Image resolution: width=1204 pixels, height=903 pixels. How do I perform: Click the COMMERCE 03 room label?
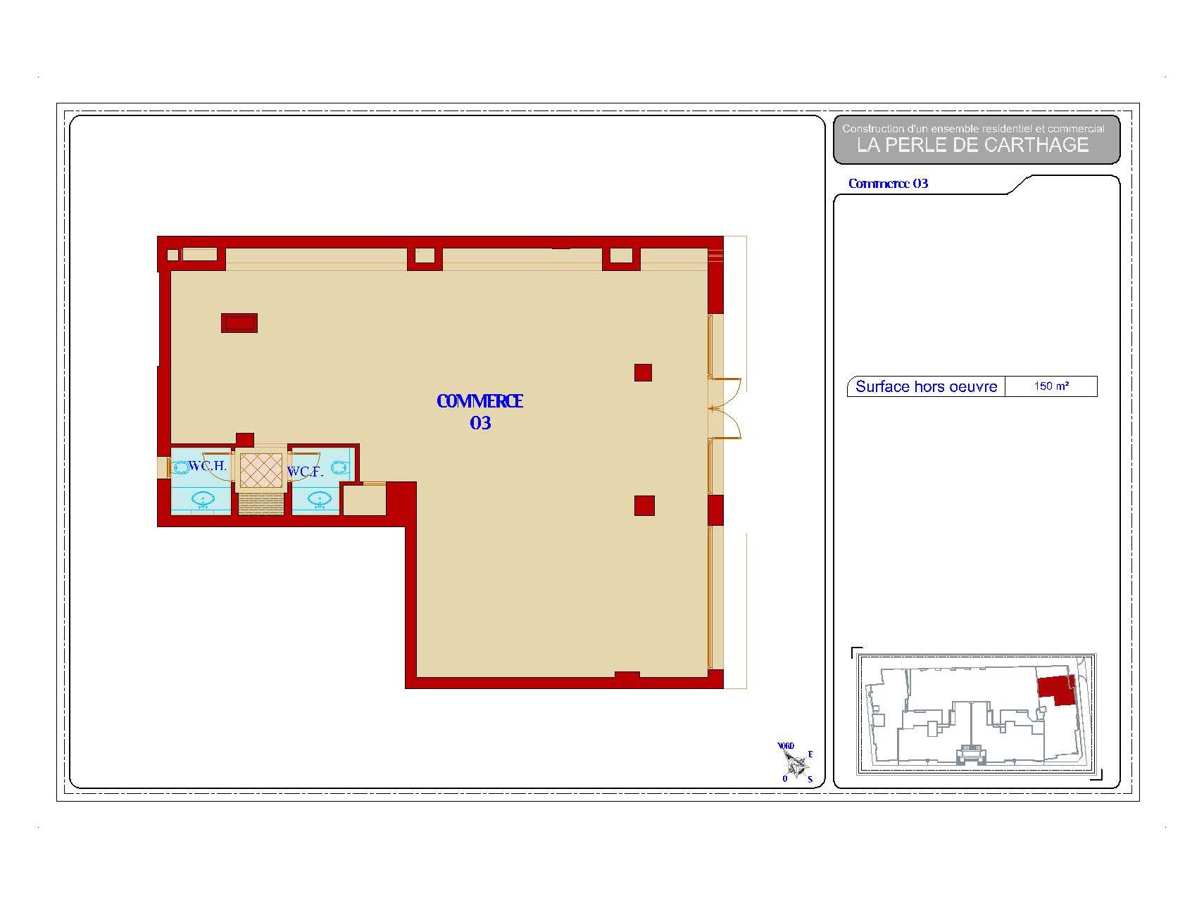coord(479,412)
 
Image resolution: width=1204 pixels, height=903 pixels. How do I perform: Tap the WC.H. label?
coord(208,466)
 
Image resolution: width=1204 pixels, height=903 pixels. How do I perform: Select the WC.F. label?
coord(306,472)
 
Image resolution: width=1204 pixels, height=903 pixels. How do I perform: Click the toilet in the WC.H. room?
coord(181,467)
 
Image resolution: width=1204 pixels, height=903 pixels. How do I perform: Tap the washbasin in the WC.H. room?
coord(203,500)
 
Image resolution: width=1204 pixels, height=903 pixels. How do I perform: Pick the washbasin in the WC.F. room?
coord(319,500)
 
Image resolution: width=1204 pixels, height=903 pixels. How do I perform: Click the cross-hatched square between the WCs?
coord(261,470)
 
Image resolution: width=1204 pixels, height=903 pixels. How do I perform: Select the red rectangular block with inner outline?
coord(239,323)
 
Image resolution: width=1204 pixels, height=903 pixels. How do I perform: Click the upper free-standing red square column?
coord(643,372)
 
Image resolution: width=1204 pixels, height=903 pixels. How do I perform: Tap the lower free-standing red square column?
coord(644,505)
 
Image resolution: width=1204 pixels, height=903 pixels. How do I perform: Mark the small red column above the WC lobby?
coord(244,440)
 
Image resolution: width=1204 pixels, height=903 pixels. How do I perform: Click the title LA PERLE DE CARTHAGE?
coord(972,145)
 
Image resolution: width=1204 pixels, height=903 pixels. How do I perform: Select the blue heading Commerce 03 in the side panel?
coord(888,184)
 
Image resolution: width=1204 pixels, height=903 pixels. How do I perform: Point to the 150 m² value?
coord(1051,386)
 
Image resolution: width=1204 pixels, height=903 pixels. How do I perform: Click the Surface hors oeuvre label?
coord(926,386)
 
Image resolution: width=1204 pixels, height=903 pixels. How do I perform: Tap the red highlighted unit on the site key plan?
coord(1058,690)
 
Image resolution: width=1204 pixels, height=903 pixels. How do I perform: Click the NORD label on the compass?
coord(786,746)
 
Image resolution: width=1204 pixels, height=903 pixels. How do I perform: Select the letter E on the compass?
coord(810,754)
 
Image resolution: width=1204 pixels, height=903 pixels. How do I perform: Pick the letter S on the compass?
coord(810,779)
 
